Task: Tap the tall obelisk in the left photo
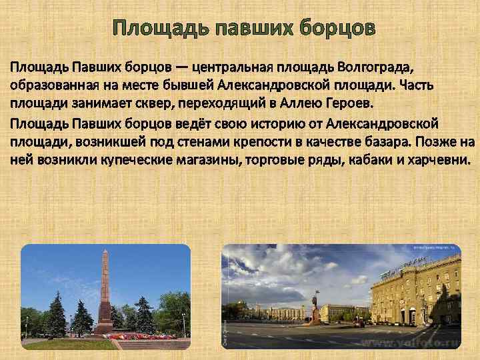point(104,287)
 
